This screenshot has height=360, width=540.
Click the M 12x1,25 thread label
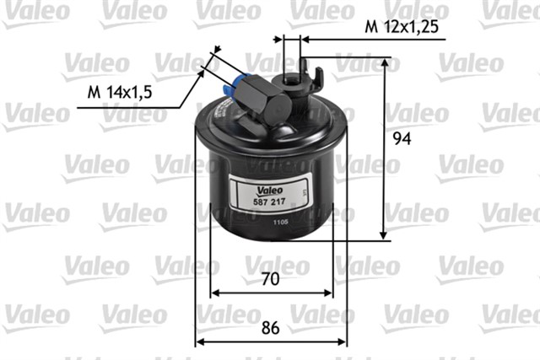pos(402,28)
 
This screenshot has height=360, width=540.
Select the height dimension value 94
pos(402,139)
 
